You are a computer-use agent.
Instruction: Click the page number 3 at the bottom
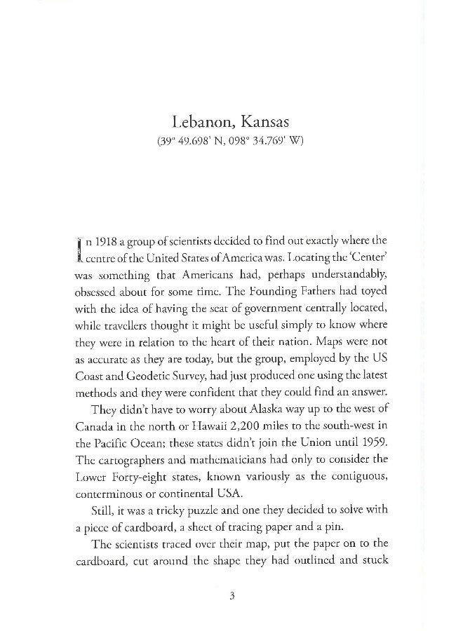(231, 597)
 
